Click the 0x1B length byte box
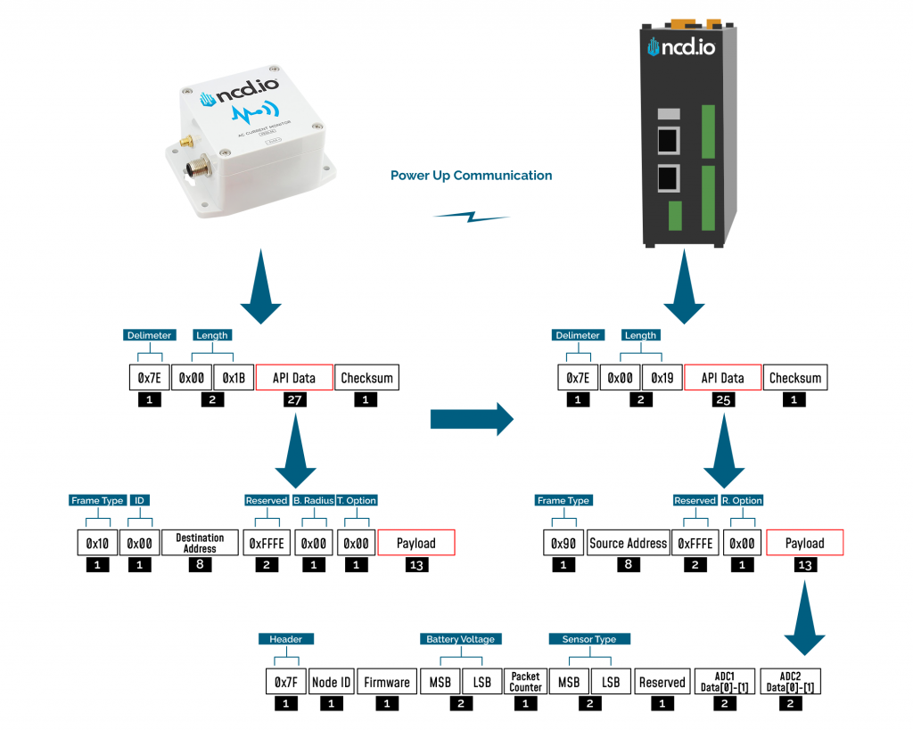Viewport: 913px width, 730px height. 234,378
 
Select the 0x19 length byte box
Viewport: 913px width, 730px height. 662,378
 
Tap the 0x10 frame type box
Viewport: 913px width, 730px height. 96,543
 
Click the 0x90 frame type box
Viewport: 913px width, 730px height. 563,543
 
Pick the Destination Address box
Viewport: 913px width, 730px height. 200,543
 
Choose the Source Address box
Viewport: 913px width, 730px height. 628,543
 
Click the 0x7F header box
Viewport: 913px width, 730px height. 285,682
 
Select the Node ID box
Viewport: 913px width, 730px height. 331,682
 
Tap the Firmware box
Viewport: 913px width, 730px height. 386,682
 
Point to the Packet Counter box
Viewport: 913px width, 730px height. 525,682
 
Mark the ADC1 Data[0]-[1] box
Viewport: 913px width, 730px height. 724,682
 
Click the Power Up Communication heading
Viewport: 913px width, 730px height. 471,176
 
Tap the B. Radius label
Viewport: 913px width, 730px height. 312,501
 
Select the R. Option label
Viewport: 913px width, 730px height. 741,501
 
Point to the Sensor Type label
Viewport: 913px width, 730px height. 589,639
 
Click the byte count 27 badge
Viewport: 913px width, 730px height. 294,401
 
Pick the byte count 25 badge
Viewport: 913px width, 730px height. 722,401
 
